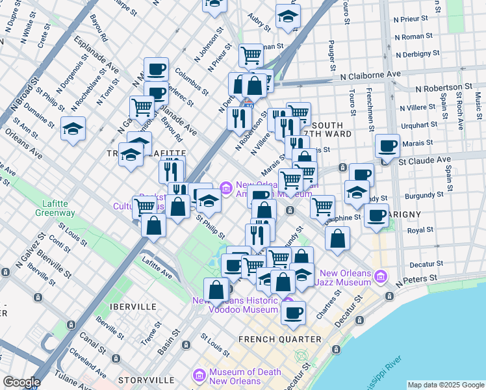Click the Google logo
(x=21, y=382)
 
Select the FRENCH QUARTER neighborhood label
(x=279, y=339)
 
